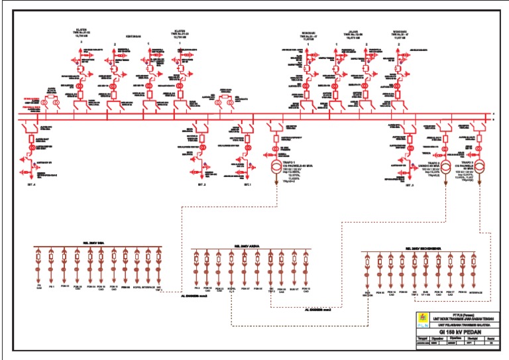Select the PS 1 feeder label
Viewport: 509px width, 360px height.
[x=51, y=286]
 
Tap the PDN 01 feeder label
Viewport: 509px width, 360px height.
[x=64, y=286]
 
